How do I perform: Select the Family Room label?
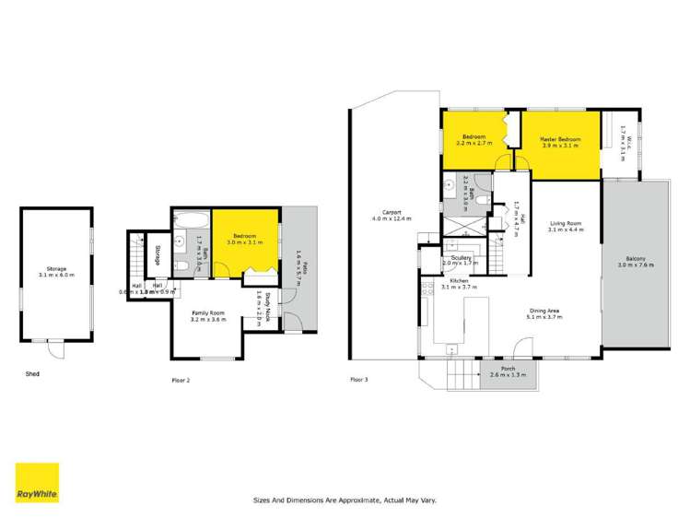click(207, 314)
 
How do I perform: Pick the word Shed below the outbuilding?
click(33, 374)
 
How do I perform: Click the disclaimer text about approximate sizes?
click(345, 500)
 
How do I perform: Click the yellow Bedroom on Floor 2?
click(246, 240)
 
